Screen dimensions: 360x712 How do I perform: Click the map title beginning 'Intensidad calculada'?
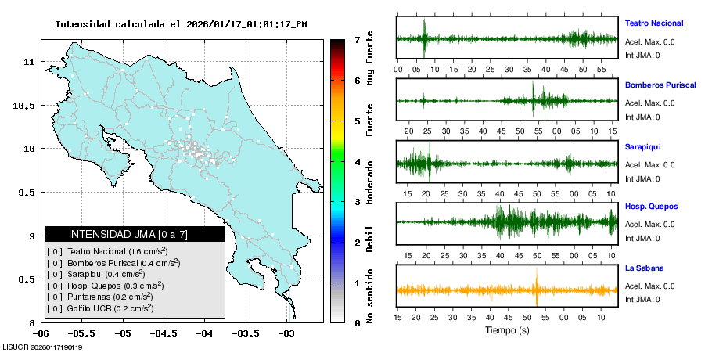pos(181,24)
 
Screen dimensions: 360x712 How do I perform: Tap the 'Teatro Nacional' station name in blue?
pos(653,23)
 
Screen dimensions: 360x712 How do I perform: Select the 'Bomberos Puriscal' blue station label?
pos(660,85)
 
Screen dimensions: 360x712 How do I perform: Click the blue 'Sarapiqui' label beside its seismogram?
pos(642,146)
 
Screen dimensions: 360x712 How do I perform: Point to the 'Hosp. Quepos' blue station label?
pos(651,207)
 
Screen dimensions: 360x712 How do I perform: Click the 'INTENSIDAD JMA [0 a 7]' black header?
pos(134,234)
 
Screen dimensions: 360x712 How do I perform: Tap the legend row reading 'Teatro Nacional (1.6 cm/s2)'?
pos(117,251)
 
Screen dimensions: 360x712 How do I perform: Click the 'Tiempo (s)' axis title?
pos(507,330)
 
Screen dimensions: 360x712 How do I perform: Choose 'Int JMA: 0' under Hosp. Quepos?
pos(642,238)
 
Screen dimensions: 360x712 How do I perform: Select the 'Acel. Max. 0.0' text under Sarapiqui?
pos(649,164)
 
